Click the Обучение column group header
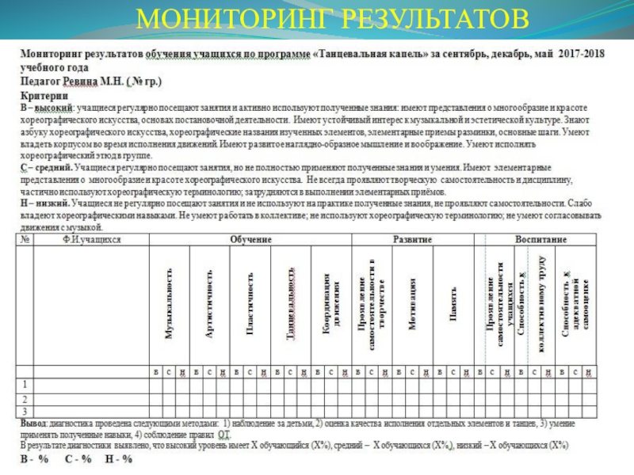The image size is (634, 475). (x=250, y=239)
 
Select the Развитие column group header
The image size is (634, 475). (x=413, y=239)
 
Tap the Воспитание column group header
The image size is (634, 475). (x=541, y=239)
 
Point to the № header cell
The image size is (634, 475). (x=25, y=239)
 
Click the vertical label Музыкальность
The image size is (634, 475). (x=168, y=305)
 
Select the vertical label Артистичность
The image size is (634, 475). (x=209, y=305)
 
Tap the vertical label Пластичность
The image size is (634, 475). (x=250, y=305)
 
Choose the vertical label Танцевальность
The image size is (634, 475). (x=291, y=305)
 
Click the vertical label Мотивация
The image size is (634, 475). (x=413, y=305)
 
